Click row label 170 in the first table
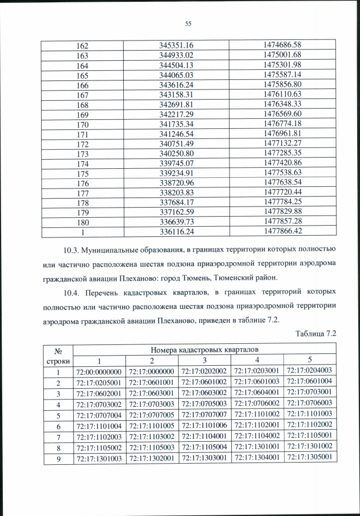coord(85,123)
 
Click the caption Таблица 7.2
coord(316,334)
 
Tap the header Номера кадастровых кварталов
coord(205,350)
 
